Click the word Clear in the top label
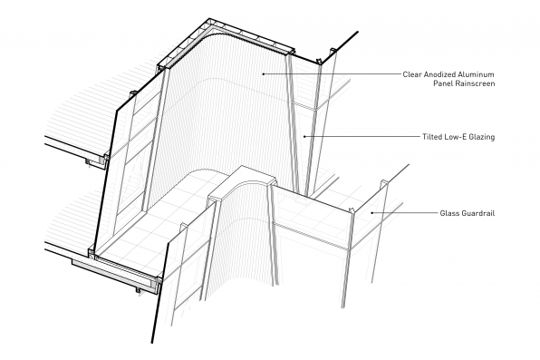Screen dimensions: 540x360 tap(412, 74)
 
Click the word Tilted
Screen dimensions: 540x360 tap(432, 137)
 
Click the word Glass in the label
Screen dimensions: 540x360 tap(449, 213)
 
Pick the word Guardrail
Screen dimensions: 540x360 tap(478, 213)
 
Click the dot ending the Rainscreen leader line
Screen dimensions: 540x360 tap(263, 73)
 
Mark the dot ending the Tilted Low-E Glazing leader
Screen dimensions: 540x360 tap(304, 137)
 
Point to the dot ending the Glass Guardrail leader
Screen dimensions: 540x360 tap(372, 213)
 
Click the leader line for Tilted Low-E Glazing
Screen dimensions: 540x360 tap(362, 137)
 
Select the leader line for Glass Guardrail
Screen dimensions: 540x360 tap(404, 213)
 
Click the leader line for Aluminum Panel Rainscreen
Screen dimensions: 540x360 tap(332, 73)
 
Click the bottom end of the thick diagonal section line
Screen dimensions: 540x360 tap(152, 343)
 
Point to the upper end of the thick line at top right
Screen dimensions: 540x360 tap(358, 32)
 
